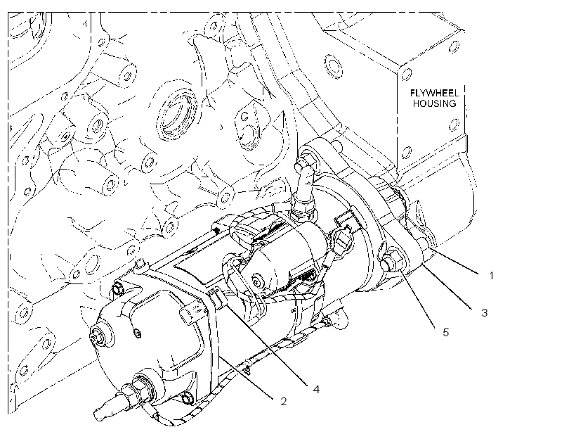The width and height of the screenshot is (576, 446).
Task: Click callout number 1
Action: [x=492, y=275]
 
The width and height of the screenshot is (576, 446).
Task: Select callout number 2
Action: [x=283, y=401]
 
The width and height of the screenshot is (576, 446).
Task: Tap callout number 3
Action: [x=485, y=313]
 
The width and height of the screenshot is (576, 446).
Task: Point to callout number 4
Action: [x=316, y=389]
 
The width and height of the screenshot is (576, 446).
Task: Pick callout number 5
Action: [x=445, y=333]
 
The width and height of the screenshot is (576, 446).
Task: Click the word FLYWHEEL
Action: [x=434, y=93]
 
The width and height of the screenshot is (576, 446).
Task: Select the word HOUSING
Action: [x=434, y=103]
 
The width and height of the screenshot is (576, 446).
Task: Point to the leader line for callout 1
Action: [x=454, y=261]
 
